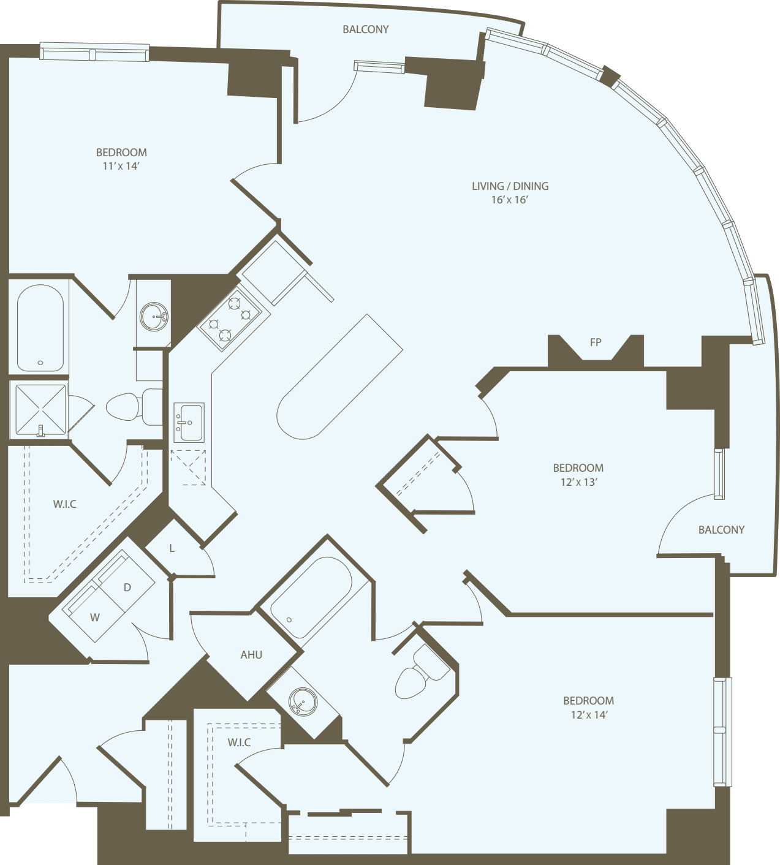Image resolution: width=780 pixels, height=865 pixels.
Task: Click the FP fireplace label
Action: [596, 342]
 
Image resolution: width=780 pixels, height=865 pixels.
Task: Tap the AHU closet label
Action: [251, 655]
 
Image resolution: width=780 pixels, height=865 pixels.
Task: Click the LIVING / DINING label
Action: [510, 186]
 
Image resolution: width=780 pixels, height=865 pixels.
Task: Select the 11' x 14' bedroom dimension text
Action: [121, 166]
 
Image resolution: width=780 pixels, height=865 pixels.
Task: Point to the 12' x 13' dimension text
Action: [578, 482]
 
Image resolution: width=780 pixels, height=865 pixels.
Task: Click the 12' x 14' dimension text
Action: [589, 715]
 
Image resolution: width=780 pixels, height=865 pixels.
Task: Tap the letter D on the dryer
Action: [127, 587]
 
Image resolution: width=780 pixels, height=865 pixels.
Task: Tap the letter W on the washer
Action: [95, 617]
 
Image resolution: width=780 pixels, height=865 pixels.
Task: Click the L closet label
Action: [172, 548]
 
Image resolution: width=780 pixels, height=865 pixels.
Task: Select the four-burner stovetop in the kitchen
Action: [229, 318]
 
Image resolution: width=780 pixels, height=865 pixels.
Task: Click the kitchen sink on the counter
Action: [189, 422]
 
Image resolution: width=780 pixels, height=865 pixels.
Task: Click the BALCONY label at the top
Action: [366, 29]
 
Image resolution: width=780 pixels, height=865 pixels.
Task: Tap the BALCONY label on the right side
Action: [721, 530]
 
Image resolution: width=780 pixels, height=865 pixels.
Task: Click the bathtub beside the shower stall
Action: [40, 328]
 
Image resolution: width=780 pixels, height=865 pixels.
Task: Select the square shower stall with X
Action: [40, 410]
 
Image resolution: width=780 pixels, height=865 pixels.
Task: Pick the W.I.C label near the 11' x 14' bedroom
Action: [65, 504]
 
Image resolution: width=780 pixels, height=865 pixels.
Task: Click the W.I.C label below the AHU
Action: [239, 742]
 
